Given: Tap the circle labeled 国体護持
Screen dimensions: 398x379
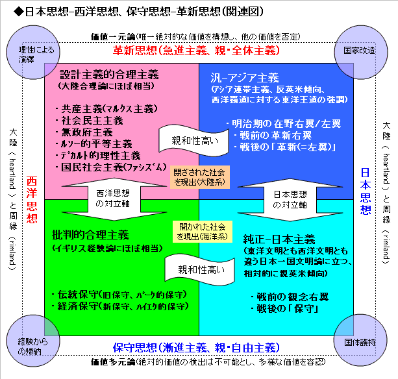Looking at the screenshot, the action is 360,340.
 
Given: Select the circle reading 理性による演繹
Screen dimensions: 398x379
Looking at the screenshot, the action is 33,53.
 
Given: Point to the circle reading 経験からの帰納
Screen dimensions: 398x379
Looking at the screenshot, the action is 33,341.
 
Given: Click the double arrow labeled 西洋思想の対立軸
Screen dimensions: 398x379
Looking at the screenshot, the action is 114,199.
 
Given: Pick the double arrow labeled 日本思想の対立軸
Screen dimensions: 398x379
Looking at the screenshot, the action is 290,200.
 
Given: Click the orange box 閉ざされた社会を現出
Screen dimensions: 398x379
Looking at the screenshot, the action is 199,177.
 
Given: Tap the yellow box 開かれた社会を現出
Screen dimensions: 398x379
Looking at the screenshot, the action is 203,232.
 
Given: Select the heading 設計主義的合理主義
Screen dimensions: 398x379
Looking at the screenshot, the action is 109,75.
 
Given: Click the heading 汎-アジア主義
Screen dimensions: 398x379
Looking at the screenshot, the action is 245,78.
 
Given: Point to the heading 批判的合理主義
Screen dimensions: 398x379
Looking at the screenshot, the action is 90,235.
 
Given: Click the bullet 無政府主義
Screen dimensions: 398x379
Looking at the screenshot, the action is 84,132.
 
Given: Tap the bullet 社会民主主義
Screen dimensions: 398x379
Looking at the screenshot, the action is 90,121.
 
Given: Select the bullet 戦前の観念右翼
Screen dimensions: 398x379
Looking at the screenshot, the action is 290,297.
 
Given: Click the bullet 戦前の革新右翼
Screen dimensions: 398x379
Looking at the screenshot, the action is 273,135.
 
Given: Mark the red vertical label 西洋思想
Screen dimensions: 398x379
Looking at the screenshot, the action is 32,200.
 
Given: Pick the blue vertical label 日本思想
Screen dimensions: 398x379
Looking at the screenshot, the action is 366,191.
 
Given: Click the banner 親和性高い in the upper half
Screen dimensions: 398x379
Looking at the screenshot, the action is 194,140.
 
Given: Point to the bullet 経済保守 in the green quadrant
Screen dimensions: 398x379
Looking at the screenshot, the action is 120,306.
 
